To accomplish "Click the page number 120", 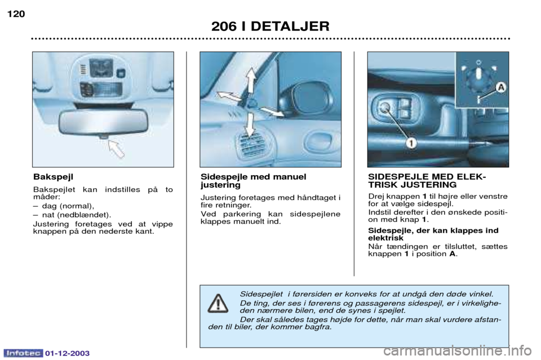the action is pos(16,14).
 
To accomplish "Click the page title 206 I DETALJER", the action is pos(270,26).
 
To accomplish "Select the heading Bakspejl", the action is pos(53,177).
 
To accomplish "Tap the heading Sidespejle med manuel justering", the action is pos(253,181).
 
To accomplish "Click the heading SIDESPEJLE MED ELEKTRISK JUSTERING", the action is pos(427,181).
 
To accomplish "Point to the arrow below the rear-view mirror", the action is pos(116,149).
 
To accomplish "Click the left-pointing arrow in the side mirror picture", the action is pos(228,96).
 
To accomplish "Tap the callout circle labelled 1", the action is pos(411,142).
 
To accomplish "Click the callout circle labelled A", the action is pos(500,87).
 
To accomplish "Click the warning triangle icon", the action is pos(218,304).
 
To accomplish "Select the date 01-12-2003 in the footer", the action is pos(67,353).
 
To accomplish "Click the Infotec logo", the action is pos(23,353).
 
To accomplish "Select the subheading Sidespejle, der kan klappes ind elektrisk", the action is pos(433,234).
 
